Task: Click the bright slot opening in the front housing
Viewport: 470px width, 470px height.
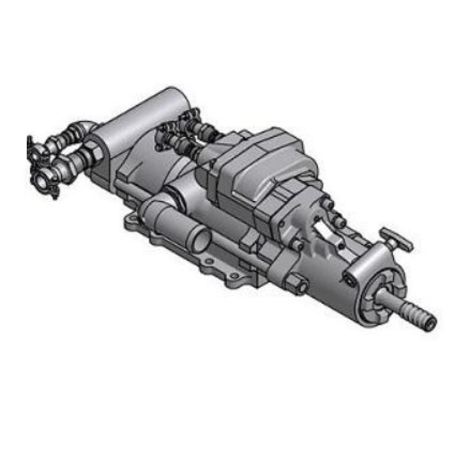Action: [x=324, y=230]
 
